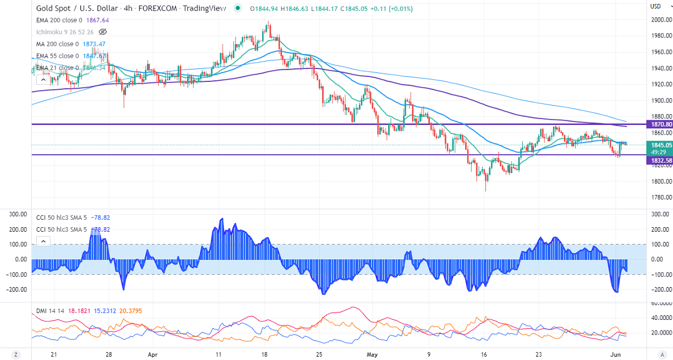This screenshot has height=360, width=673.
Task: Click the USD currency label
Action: tap(655, 6)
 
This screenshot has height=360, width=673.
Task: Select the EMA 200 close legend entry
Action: tap(57, 20)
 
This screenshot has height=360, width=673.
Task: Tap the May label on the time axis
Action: tap(372, 355)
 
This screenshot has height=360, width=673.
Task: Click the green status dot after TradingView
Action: tap(237, 8)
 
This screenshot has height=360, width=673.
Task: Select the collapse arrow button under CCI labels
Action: tap(43, 241)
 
